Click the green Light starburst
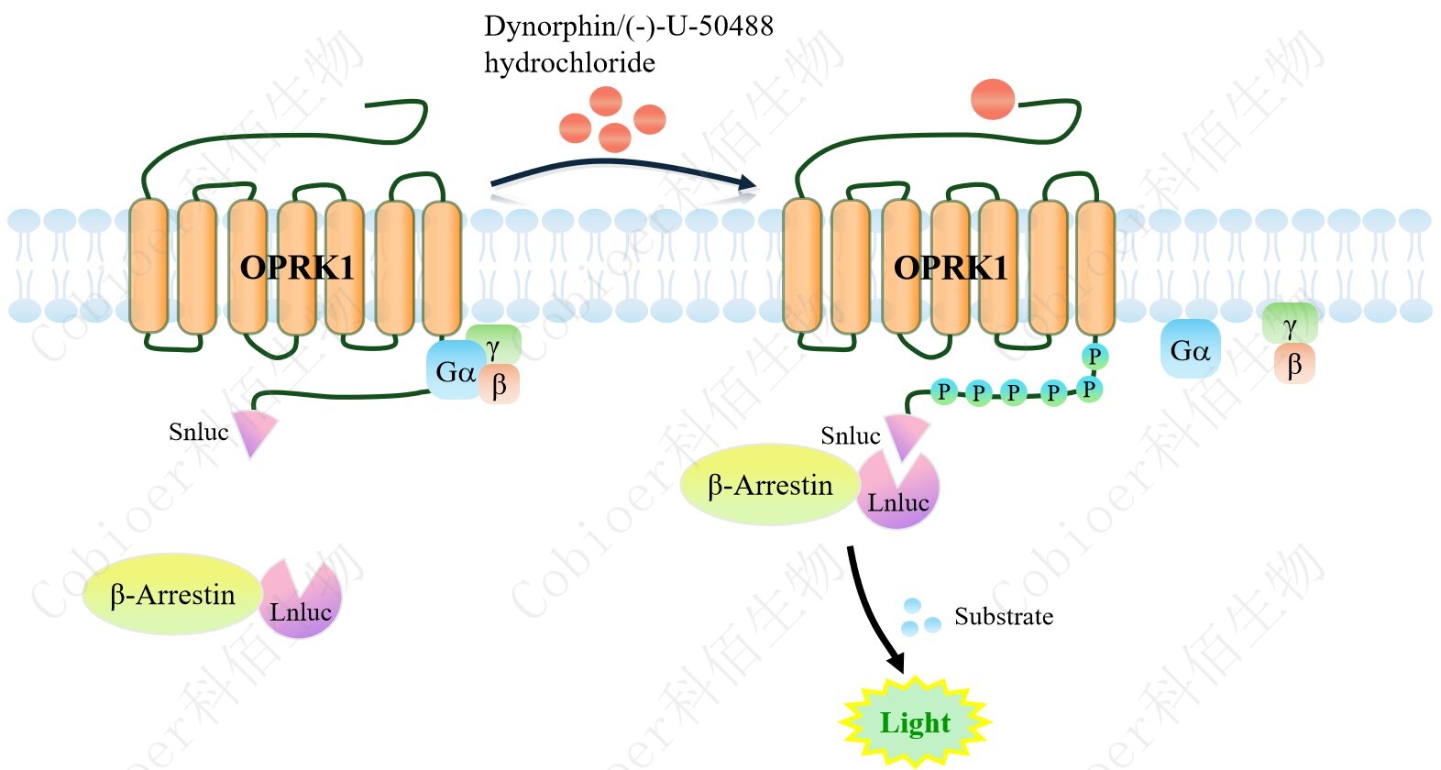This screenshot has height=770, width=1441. click(x=915, y=722)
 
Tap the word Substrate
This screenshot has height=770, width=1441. click(x=1004, y=617)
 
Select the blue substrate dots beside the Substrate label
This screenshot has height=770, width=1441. click(x=919, y=618)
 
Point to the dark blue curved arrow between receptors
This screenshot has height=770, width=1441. click(x=623, y=170)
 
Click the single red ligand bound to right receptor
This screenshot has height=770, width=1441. click(x=992, y=100)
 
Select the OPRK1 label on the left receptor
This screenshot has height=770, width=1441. click(x=296, y=268)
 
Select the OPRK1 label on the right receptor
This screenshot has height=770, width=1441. click(x=951, y=268)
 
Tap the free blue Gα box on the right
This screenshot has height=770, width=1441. click(x=1190, y=349)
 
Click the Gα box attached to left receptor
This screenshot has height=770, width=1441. click(x=453, y=371)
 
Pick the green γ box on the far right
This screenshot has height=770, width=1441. click(x=1290, y=324)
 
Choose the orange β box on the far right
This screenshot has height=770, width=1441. click(x=1294, y=365)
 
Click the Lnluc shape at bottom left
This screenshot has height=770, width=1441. click(x=301, y=602)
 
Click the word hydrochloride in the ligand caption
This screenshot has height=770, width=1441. click(x=569, y=63)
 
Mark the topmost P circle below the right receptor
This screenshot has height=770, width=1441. click(x=1094, y=356)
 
